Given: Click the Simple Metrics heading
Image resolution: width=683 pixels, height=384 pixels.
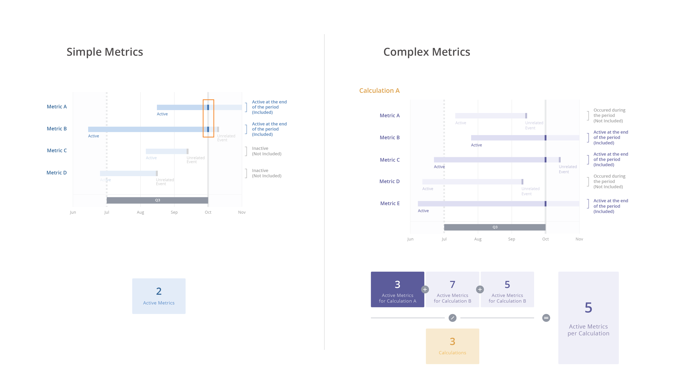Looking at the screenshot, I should pos(105,52).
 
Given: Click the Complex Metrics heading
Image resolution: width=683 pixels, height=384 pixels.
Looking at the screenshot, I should pos(427,52).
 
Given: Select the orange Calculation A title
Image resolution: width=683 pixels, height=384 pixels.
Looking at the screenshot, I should pos(379,91).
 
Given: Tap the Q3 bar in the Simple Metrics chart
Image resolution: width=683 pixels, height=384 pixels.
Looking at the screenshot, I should pos(157,200).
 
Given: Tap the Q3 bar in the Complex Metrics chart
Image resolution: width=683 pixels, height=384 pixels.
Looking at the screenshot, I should pos(495,227).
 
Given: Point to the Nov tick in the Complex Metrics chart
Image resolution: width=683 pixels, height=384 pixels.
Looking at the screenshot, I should pos(579,239).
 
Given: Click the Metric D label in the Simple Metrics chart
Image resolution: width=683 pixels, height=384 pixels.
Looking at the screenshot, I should pos(57,173).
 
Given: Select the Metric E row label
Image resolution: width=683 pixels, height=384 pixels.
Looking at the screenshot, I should pos(390,204).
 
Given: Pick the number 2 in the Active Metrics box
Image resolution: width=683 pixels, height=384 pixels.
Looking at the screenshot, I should pos(159,291).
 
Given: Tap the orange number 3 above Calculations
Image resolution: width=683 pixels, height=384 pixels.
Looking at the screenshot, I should pos(452,342).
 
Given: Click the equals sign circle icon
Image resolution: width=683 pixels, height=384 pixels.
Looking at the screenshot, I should pos(546,318).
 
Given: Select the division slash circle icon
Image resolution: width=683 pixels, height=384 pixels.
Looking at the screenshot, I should pos(452,318).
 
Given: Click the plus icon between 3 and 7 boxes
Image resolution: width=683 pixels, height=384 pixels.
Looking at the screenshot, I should pos(425,289).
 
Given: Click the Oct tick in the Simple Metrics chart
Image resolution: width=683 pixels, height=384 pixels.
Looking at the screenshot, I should pos(208,212).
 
